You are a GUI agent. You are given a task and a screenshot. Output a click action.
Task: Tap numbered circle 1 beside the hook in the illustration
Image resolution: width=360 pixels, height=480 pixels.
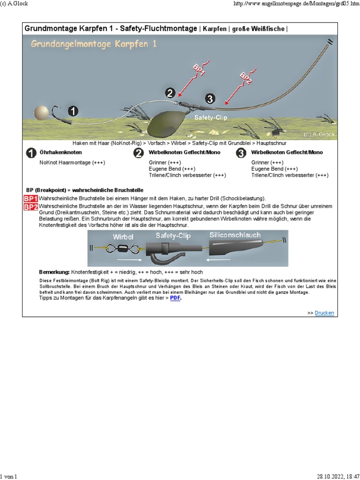73,111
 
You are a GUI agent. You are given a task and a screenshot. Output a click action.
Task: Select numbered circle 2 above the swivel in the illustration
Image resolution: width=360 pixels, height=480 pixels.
170,92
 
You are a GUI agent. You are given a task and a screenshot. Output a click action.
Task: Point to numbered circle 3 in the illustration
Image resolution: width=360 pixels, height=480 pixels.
210,98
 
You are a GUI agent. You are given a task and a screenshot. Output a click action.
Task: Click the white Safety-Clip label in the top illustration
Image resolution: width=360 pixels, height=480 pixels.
211,118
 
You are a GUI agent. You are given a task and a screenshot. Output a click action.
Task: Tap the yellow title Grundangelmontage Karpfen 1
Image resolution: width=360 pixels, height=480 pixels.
94,44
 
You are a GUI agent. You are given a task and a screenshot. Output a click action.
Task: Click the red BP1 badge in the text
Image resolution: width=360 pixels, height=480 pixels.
30,199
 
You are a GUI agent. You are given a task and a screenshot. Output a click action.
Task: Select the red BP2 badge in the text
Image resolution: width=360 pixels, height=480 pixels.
30,207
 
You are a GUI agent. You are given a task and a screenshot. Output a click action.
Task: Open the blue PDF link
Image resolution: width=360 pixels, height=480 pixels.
175,298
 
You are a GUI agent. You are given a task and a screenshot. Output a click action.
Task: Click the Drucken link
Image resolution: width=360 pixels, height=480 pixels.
324,313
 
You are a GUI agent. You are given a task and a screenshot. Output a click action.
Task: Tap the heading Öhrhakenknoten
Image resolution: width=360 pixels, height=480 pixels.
60,153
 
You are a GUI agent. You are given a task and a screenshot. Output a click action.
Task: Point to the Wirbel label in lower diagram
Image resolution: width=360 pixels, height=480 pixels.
123,237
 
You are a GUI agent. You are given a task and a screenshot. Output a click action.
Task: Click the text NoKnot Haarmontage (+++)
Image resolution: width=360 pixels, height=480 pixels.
72,163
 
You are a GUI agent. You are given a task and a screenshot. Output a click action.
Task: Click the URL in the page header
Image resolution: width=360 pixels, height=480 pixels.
296,4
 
